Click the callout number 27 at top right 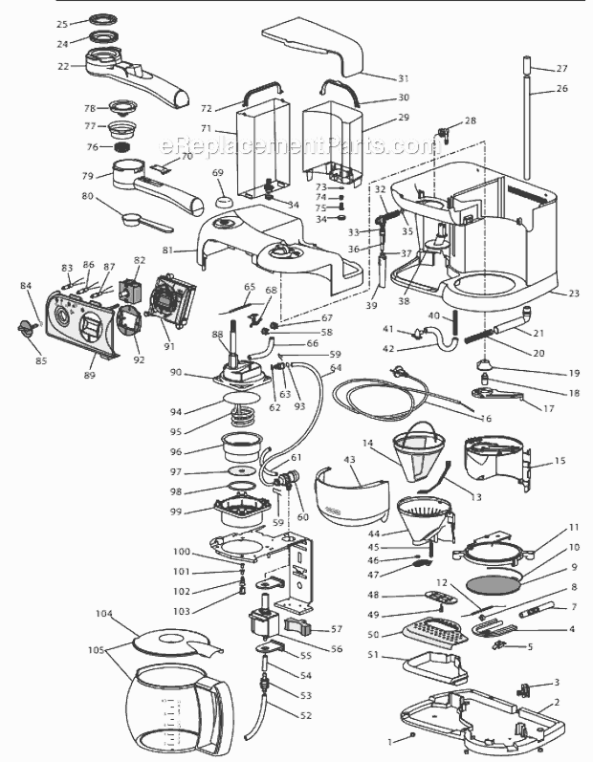[561, 68]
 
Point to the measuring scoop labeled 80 [143, 218]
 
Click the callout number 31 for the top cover [375, 78]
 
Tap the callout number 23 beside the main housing [573, 294]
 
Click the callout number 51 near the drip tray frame [375, 655]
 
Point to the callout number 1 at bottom [389, 739]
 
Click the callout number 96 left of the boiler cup [202, 451]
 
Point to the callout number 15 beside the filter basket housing [559, 461]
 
